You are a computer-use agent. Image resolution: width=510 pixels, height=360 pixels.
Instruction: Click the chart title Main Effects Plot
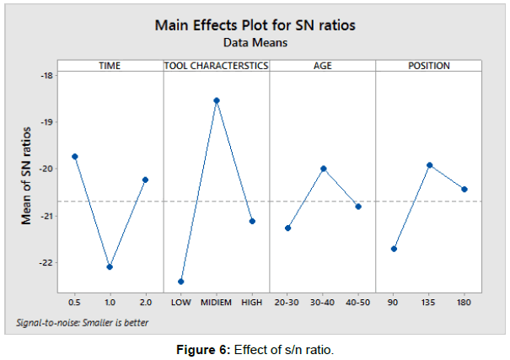point(255,24)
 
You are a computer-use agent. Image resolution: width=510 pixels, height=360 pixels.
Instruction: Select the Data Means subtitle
point(255,40)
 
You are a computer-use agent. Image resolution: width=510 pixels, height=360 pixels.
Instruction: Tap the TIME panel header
point(110,66)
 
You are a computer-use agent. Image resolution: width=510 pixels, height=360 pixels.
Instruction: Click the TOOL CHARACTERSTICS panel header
point(216,66)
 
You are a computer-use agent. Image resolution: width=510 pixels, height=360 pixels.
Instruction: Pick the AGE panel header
point(322,66)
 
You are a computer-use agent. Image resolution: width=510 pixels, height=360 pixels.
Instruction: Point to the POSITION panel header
point(428,66)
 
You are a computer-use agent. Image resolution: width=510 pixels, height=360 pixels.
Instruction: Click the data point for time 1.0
point(110,266)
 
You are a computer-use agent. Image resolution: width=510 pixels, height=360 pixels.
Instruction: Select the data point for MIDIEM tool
point(216,100)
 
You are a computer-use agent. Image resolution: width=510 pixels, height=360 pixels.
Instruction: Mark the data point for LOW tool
point(180,282)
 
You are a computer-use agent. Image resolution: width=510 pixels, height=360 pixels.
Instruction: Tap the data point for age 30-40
point(323,169)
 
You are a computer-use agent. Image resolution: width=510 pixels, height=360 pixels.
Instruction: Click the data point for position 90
point(394,249)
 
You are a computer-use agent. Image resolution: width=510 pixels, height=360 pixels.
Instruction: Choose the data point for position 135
point(429,165)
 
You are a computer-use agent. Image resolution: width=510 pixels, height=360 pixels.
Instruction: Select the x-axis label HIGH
point(251,302)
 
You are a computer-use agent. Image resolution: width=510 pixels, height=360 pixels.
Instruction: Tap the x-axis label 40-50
point(358,302)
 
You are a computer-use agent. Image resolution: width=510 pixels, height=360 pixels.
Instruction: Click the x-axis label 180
point(464,302)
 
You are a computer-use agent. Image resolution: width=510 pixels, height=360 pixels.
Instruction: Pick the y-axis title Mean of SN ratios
point(27,174)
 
